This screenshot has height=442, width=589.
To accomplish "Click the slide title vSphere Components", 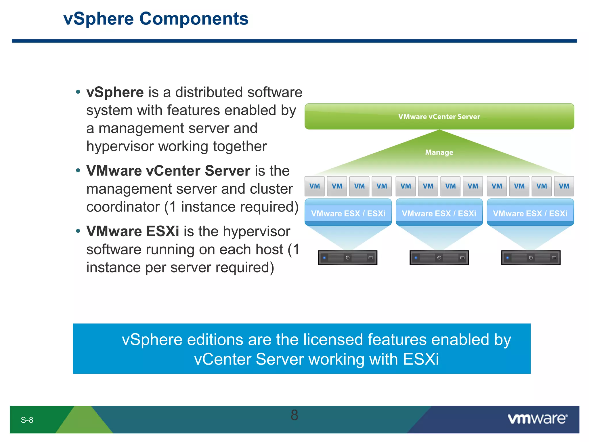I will (x=156, y=19).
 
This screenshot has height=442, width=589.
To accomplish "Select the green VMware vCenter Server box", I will (x=439, y=117).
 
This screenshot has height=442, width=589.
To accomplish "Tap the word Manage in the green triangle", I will (x=439, y=152).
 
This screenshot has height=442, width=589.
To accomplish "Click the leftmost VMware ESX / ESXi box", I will (x=348, y=213).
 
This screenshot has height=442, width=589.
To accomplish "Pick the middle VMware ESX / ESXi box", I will (x=439, y=213).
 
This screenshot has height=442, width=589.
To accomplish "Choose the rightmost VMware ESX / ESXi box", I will (x=530, y=213).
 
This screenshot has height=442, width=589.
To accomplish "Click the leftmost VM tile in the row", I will (x=314, y=186).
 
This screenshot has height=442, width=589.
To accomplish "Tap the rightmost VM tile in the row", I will (x=564, y=186).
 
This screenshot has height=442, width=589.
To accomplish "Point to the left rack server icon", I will (x=347, y=258).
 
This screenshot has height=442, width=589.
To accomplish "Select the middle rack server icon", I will (x=439, y=258).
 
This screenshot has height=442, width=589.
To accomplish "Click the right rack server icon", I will (x=531, y=258).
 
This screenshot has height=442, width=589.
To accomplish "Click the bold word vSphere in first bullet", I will (x=115, y=92).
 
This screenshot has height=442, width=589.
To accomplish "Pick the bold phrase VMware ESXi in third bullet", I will (x=133, y=231).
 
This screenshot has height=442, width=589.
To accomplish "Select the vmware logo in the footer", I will (x=537, y=419).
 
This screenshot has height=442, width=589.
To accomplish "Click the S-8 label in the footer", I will (x=27, y=420).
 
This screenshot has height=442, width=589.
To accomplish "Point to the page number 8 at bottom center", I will (x=294, y=415).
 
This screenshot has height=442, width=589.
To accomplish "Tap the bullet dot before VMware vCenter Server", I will (x=78, y=171).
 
